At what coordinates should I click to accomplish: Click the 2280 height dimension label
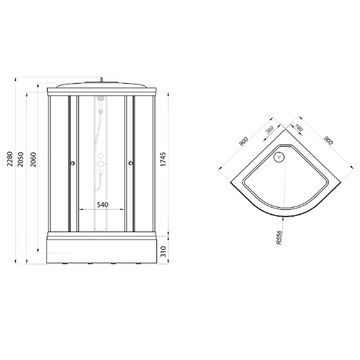10,159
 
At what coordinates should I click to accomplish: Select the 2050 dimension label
20,159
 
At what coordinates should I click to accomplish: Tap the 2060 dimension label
33,160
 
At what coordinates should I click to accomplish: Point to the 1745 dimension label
163,159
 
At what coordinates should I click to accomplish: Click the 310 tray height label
163,251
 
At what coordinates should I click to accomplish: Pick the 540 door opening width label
103,205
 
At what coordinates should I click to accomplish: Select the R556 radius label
279,238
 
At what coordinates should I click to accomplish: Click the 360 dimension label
269,130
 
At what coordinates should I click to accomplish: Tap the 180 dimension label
298,128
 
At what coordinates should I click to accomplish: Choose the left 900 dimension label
244,142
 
